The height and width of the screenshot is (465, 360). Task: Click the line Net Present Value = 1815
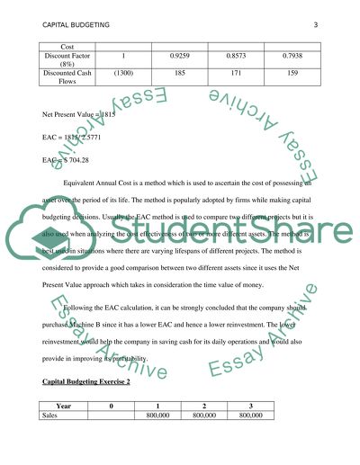(x=79, y=115)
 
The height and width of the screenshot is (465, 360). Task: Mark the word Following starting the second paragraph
(x=94, y=310)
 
